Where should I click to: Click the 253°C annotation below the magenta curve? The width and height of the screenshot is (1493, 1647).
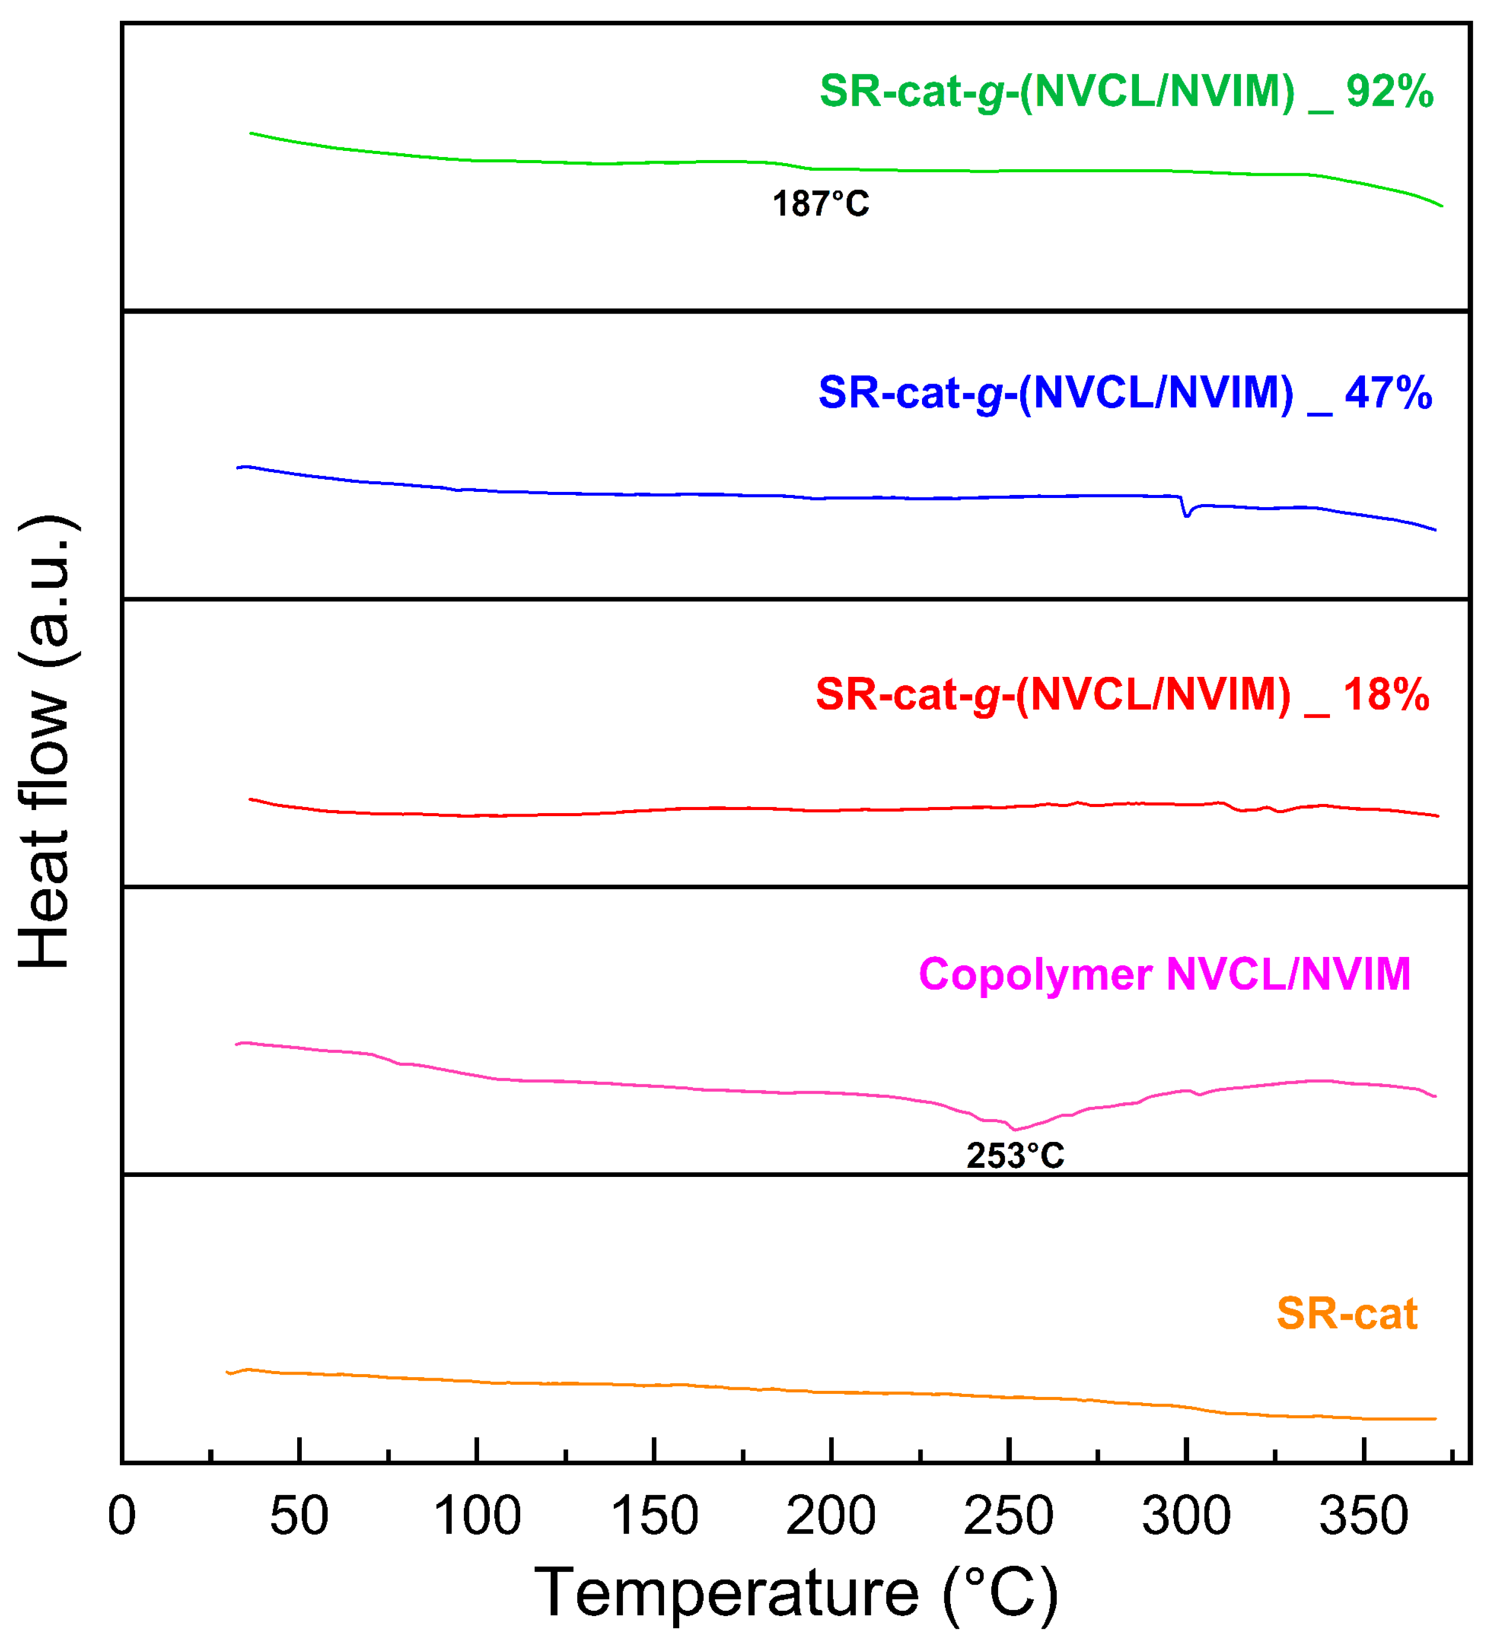pyautogui.click(x=1015, y=1156)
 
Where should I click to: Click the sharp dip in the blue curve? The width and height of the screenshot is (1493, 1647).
pyautogui.click(x=1186, y=515)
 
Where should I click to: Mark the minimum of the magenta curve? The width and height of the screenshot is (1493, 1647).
pyautogui.click(x=1015, y=1129)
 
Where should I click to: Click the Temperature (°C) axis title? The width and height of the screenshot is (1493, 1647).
pyautogui.click(x=797, y=1594)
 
